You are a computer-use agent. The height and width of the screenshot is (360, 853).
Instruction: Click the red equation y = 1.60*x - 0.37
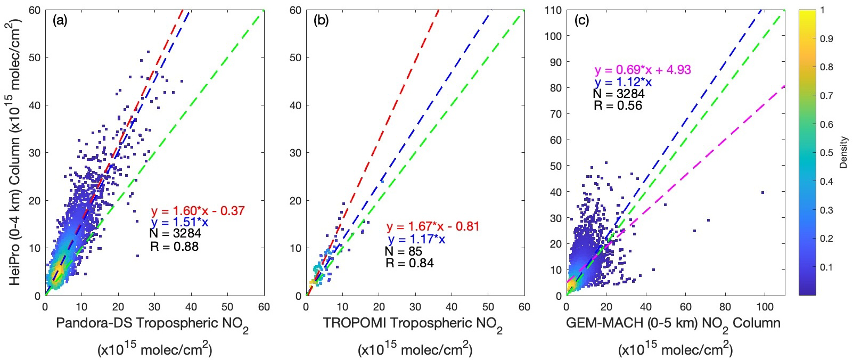point(198,211)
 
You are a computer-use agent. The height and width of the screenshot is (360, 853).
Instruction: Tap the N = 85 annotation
point(404,251)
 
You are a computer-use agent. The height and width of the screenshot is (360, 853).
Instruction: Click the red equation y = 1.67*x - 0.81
point(433,226)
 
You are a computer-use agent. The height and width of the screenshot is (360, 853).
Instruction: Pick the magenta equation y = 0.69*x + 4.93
point(643,70)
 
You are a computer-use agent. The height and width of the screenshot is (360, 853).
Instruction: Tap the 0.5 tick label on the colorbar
point(827,153)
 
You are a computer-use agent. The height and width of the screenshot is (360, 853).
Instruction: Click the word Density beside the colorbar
point(843,153)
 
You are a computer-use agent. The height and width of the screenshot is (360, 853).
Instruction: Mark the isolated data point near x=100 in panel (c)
point(763,192)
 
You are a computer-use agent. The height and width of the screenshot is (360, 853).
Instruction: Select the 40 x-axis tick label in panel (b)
point(451,307)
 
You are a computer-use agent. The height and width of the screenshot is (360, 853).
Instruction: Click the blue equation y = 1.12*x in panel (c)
point(623,83)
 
